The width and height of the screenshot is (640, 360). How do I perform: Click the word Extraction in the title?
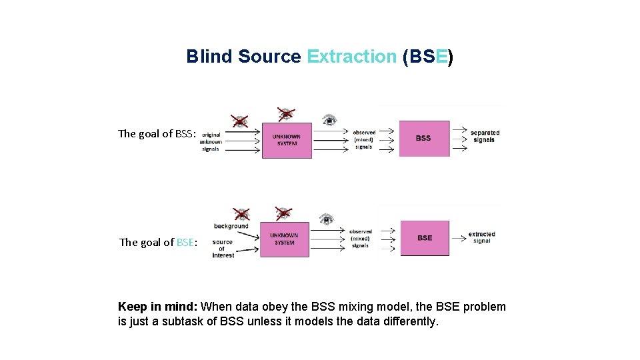coord(351,57)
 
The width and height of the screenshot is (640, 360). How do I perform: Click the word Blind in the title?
coord(209,57)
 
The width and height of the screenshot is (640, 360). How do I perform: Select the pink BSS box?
coord(424,139)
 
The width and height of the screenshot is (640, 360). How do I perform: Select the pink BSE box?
coord(425,238)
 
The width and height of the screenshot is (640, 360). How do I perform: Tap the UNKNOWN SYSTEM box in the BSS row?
coord(287,140)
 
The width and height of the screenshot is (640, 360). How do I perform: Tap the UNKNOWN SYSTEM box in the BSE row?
coord(285,239)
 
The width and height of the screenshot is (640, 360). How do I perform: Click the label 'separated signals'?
coord(485,136)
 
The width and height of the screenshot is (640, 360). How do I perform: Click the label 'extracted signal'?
coord(482,237)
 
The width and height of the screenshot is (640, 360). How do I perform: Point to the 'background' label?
coord(231,227)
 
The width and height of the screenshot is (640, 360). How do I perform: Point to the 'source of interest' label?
coord(223,249)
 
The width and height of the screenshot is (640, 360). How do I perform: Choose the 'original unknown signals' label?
coord(211,142)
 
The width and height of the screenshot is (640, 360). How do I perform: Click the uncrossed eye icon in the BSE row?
coord(326,219)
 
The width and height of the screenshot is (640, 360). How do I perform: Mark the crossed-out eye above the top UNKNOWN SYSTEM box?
coord(286,113)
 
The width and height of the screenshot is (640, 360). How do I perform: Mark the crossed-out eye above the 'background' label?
coord(241,214)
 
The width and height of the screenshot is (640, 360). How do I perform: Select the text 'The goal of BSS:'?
coord(157,134)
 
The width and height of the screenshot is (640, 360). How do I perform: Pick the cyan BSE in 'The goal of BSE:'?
coord(185,243)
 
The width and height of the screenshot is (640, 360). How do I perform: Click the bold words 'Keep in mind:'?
coord(157,307)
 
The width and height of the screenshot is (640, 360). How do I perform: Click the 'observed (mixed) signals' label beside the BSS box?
coord(364,139)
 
